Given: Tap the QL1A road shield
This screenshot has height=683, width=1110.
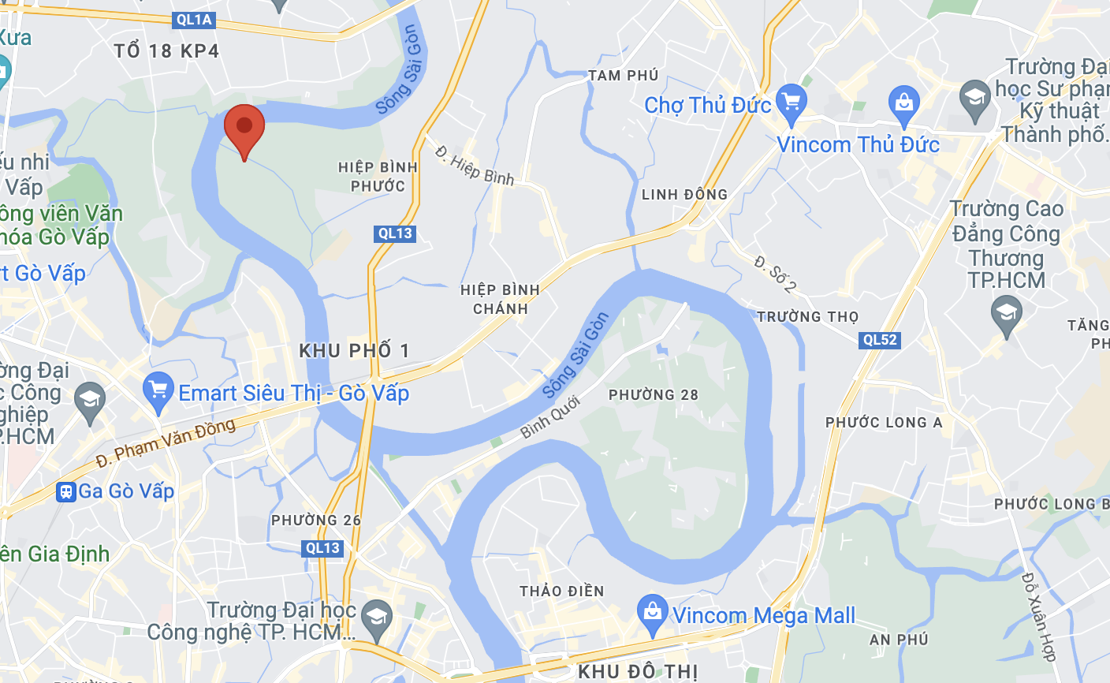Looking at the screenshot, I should pos(194,20).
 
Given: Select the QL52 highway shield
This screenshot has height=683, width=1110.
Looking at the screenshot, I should pos(880,340).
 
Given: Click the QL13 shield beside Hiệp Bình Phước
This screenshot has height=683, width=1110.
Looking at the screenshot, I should pos(395,233).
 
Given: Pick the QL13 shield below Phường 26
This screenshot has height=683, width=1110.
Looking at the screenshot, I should pos(323,548).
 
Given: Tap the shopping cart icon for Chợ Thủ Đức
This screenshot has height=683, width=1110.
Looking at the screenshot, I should pos(792,103).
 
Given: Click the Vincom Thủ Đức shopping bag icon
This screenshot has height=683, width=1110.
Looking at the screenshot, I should pos(904,103).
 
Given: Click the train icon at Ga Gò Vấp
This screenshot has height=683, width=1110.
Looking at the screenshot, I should pos(66,491).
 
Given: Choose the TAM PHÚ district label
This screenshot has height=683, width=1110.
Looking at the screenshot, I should pos(623,76).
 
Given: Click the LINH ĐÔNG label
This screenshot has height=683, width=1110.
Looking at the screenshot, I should pos(684,195).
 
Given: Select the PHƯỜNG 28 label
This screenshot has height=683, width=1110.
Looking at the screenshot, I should pos(654,395).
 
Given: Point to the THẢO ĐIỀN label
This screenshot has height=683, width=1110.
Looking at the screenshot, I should pos(562,592).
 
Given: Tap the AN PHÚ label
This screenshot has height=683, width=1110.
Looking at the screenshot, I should pos(898,640).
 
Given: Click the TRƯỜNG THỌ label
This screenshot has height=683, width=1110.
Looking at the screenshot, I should pos(808,317).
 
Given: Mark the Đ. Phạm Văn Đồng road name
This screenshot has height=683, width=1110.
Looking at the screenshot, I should pos(166,442).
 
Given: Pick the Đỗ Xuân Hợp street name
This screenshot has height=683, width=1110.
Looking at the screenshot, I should pos(1038,616).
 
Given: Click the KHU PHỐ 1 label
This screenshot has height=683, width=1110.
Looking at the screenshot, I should pos(354,351).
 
